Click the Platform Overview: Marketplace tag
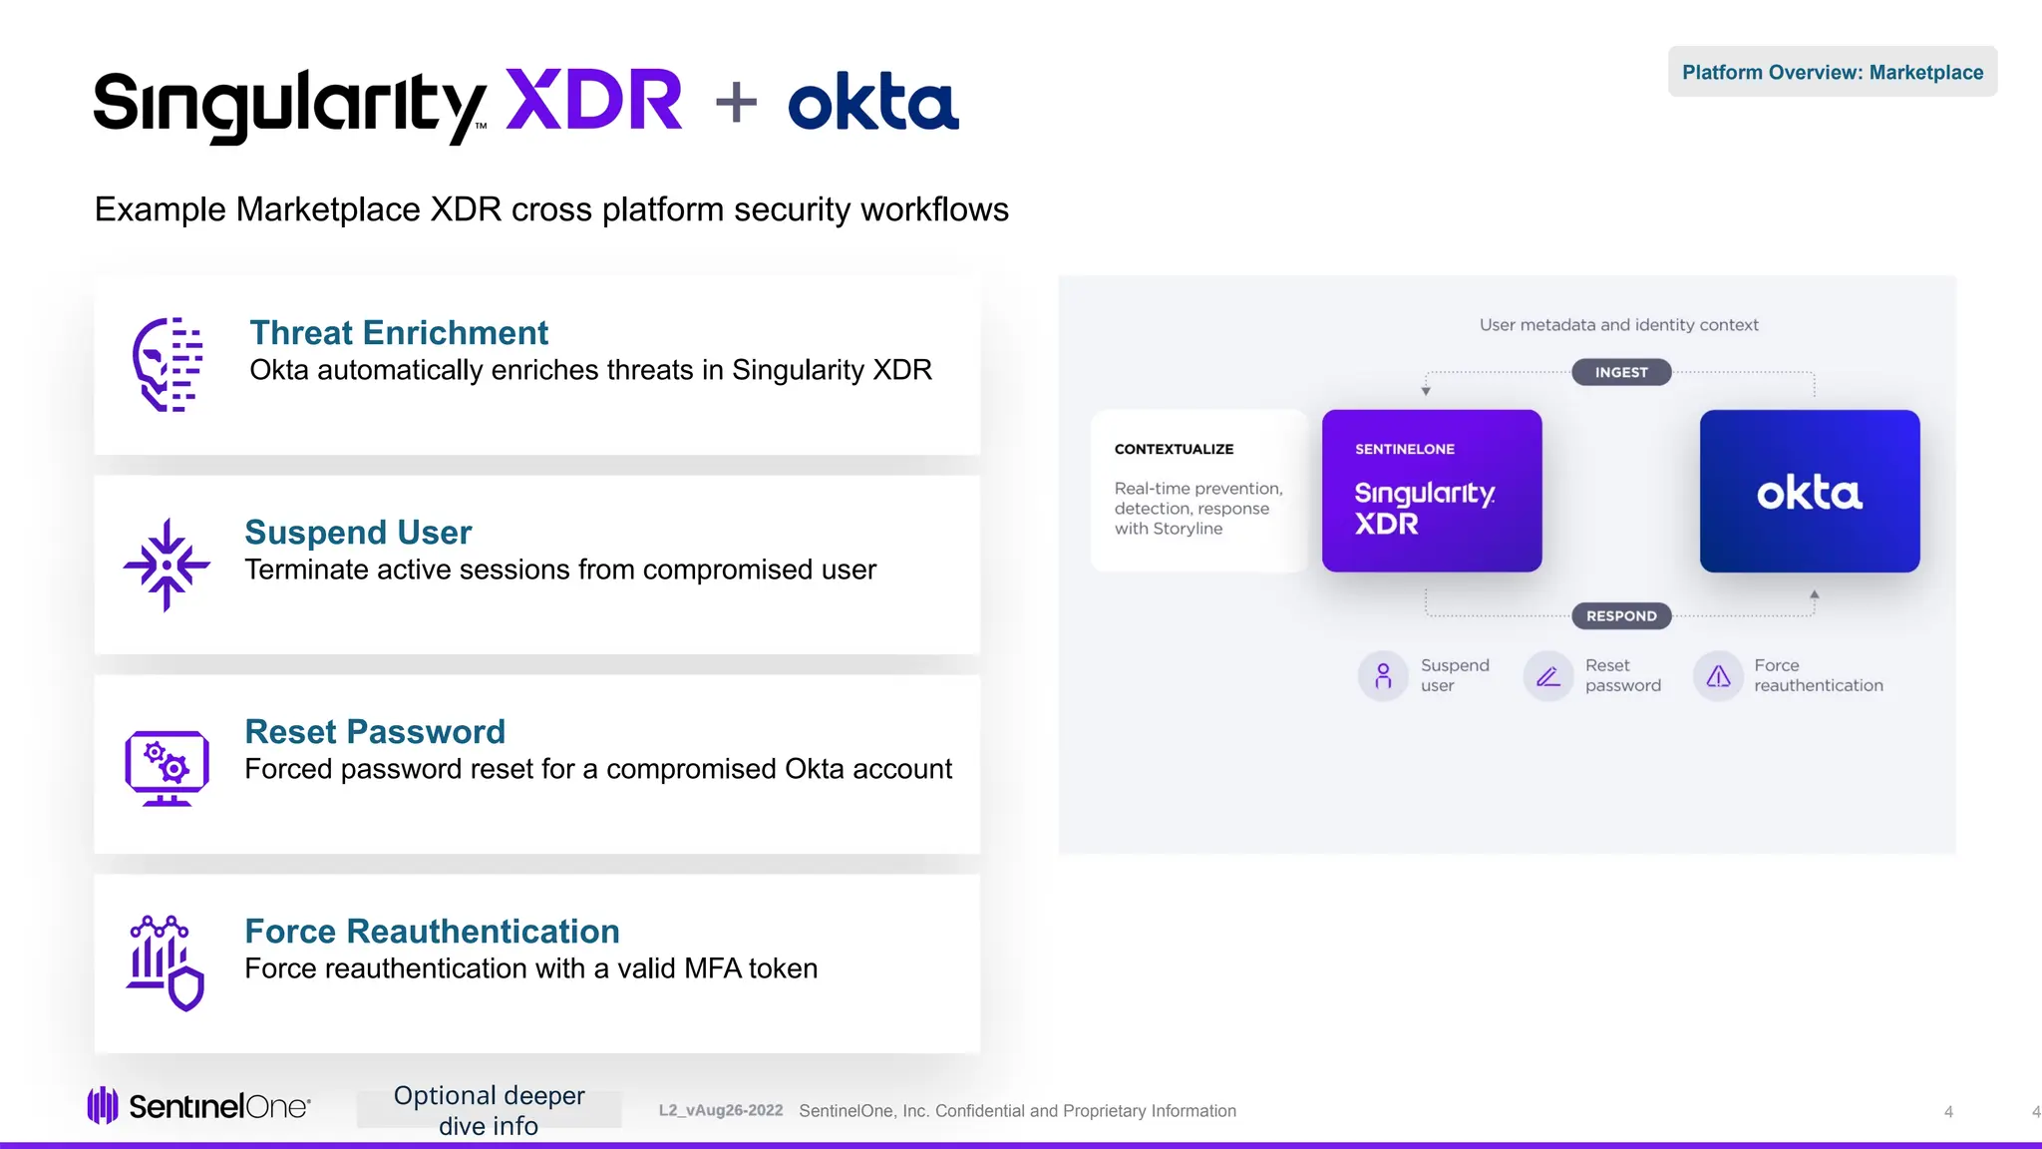click(1832, 72)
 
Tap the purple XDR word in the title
click(593, 101)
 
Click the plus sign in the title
click(736, 102)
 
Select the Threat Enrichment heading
click(399, 332)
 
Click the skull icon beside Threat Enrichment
click(168, 364)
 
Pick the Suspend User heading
click(358, 532)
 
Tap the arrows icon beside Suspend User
click(167, 565)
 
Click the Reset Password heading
click(375, 731)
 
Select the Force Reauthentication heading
click(432, 931)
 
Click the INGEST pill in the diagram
click(1621, 372)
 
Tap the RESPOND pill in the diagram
click(1621, 616)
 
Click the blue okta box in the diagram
click(1810, 491)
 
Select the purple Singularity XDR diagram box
click(1432, 491)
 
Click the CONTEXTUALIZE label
click(1174, 449)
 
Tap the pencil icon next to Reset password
click(1547, 676)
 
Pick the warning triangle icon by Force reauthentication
click(1718, 676)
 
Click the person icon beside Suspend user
click(1383, 676)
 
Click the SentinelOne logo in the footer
click(199, 1106)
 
